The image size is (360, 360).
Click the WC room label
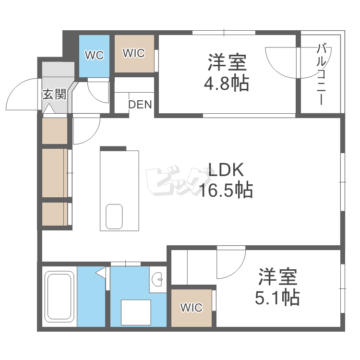coord(95,55)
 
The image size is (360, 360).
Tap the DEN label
coord(140,104)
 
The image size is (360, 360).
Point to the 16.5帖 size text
coord(226,191)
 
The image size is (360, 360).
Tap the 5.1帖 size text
coord(278,298)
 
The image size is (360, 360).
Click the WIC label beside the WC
coord(133,53)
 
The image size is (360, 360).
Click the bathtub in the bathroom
coord(59,298)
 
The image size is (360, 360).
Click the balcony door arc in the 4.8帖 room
coord(281,62)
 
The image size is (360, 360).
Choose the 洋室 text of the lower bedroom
coord(278,277)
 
